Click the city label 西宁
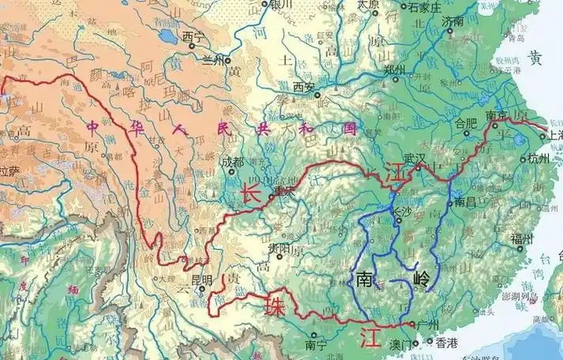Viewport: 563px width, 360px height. coord(193,36)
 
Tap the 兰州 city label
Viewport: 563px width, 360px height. coord(213,60)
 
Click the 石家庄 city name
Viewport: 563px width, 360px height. coord(423,8)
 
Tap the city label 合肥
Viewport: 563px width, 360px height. coord(468,122)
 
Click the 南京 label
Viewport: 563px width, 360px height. coord(497,115)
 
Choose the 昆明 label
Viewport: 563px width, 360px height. coord(201,279)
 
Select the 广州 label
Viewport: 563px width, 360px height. coord(430,324)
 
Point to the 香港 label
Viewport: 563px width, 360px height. coord(447,343)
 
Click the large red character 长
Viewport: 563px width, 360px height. coord(251,193)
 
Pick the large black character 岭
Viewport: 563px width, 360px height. coord(422,280)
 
